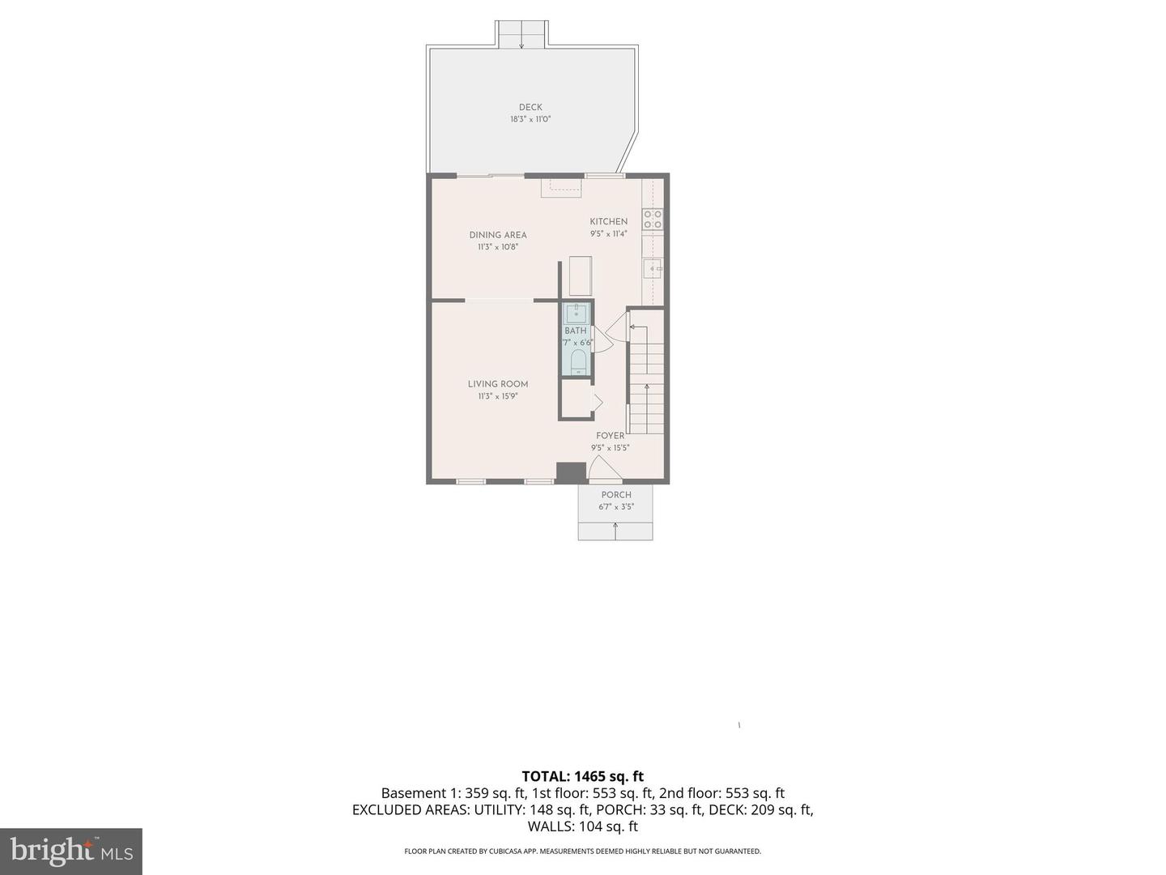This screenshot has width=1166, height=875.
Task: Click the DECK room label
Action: click(x=530, y=107)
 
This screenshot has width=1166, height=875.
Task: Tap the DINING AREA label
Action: click(x=498, y=235)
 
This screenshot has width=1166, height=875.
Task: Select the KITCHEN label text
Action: click(x=608, y=221)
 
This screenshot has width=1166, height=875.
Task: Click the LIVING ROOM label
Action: click(x=498, y=384)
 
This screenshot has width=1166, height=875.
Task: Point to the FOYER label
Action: click(x=610, y=436)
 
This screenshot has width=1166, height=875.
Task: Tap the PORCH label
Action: click(x=616, y=495)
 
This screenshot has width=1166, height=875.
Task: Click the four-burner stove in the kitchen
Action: click(x=652, y=219)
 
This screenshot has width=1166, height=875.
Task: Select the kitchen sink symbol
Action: click(x=653, y=268)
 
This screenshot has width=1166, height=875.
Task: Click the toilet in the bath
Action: click(x=578, y=361)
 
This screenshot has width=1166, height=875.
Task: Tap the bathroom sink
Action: click(x=576, y=313)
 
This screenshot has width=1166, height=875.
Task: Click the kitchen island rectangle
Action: click(x=580, y=275)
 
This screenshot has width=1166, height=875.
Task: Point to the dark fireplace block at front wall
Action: click(x=571, y=472)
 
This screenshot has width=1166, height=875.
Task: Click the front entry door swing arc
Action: click(x=604, y=467)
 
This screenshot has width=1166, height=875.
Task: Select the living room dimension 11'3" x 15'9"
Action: click(x=498, y=397)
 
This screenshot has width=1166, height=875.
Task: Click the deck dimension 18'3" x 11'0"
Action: click(x=530, y=119)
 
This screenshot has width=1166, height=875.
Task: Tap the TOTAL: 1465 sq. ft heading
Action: click(x=582, y=776)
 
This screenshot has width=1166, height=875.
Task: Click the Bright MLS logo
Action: click(x=71, y=851)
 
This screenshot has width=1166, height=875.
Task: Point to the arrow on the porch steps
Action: click(x=615, y=531)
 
